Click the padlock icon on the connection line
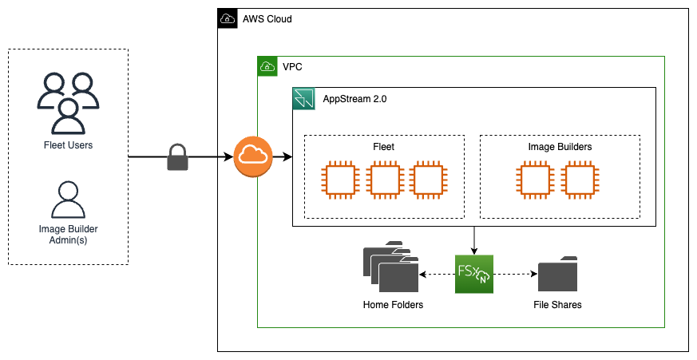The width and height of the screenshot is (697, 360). [x=176, y=158]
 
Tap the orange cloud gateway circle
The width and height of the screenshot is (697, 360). [x=253, y=157]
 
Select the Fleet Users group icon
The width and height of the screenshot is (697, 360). [x=68, y=102]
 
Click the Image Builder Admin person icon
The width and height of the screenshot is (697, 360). [x=68, y=200]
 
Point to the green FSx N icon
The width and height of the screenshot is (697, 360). [x=475, y=275]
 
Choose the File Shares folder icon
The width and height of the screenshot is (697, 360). [x=557, y=274]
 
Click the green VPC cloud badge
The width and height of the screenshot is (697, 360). [x=267, y=66]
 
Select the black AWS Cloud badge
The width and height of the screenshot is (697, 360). [x=227, y=18]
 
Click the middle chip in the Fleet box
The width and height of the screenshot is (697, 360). [x=384, y=180]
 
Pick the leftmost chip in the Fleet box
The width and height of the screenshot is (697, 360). [x=339, y=180]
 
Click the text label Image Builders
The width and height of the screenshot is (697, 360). [x=559, y=147]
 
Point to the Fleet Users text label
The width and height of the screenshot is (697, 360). [x=68, y=145]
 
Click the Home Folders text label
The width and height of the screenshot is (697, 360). [x=393, y=305]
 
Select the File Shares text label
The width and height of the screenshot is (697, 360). [x=557, y=305]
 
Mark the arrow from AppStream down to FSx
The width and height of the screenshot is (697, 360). [x=475, y=240]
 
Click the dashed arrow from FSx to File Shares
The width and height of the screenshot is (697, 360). [x=515, y=275]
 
